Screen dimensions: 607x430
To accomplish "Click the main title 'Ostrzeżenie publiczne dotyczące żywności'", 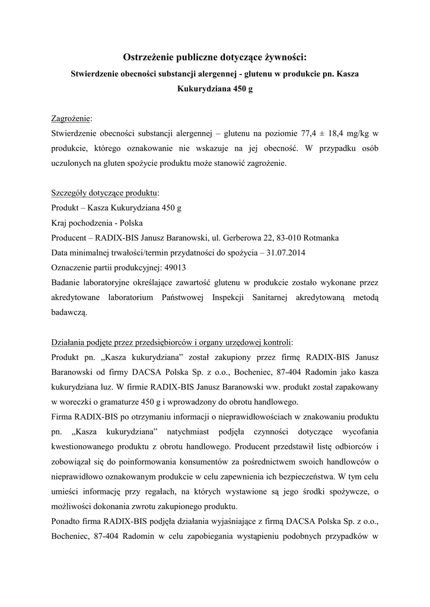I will pos(215,57).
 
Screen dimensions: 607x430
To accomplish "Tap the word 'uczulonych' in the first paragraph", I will pos(71,162).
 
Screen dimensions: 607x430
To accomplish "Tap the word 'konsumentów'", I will pos(189,462).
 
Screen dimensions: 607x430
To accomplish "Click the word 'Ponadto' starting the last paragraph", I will pos(68,521).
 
